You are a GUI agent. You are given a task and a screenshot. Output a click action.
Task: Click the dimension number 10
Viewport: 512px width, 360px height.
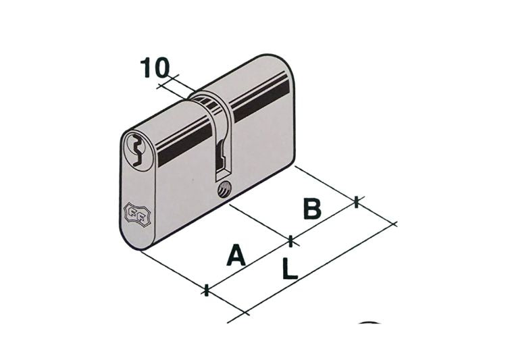[155, 68]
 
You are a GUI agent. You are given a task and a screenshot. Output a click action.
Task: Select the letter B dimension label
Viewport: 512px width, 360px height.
[312, 208]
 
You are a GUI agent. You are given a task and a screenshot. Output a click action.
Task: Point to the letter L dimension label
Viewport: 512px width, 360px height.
[290, 268]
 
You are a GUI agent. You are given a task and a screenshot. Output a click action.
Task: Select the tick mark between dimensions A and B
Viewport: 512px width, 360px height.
[290, 241]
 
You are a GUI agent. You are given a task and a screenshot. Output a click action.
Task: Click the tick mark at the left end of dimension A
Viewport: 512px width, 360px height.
[206, 290]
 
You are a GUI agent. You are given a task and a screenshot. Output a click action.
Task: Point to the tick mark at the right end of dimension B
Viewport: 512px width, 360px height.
[357, 202]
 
